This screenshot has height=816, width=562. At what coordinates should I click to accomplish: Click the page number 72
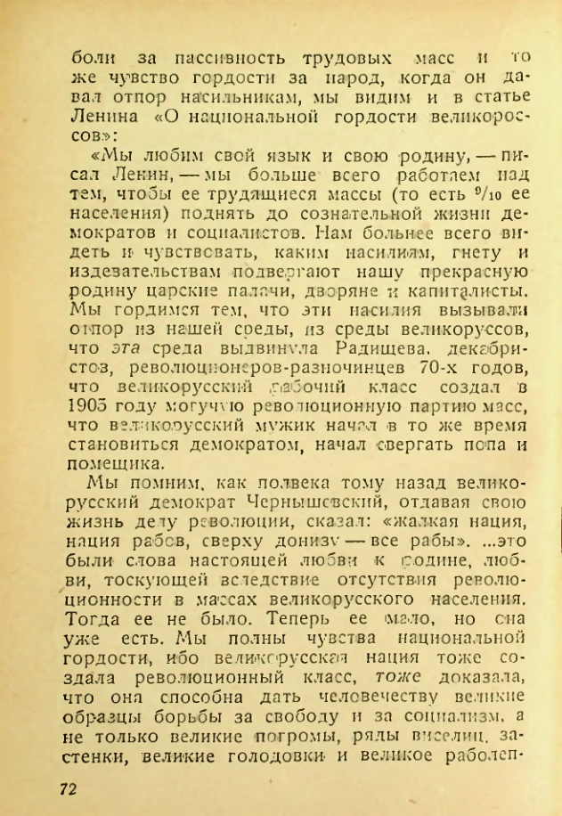click(x=70, y=789)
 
